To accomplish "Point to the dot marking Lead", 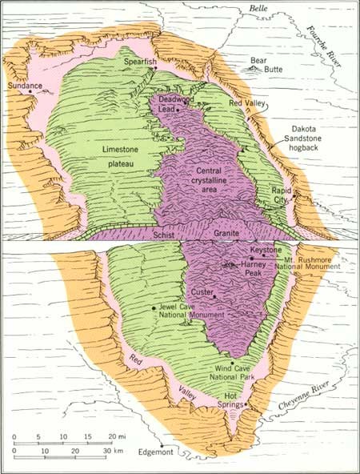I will pyautogui.click(x=178, y=110).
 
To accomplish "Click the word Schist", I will pyautogui.click(x=162, y=235).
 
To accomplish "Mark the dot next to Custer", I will pyautogui.click(x=214, y=299).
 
